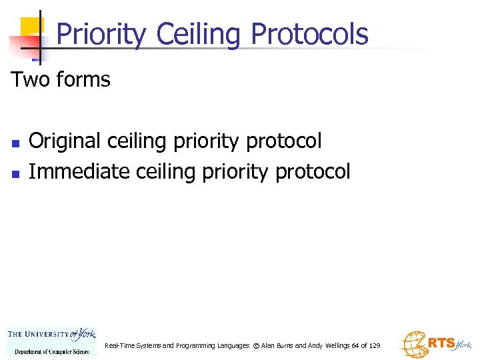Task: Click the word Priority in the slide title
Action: (x=100, y=34)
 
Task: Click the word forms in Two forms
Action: (x=83, y=80)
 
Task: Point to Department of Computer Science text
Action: (x=52, y=351)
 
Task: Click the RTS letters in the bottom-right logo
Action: (x=441, y=343)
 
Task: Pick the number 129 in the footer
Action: (x=374, y=346)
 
